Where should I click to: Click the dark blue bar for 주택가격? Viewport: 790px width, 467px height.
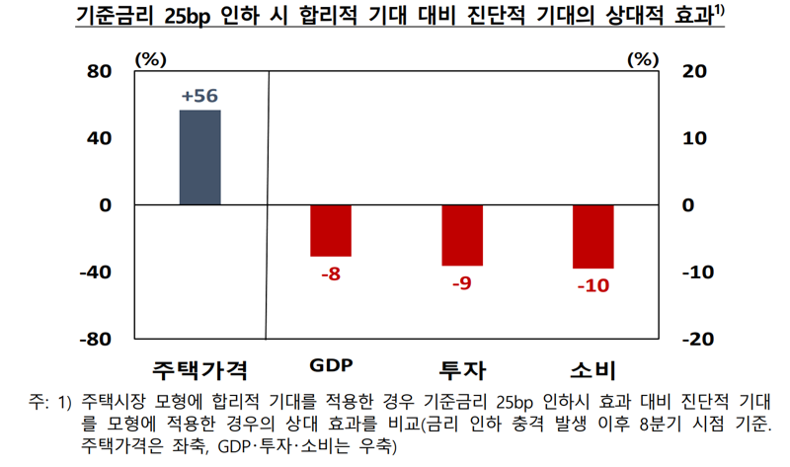click(199, 158)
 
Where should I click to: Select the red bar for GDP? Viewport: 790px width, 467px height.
click(331, 231)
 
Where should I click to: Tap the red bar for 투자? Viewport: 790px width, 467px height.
click(462, 235)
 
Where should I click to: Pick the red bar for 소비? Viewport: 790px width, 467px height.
click(593, 237)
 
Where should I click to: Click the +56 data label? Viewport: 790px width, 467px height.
click(199, 96)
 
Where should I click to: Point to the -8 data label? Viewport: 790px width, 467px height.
click(331, 273)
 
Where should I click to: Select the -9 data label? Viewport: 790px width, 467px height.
click(461, 283)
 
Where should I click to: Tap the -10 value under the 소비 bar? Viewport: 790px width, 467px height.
click(592, 286)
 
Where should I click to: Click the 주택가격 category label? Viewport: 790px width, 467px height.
click(199, 371)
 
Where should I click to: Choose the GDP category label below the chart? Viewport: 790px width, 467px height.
click(331, 365)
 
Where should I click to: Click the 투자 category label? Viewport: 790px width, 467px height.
click(462, 371)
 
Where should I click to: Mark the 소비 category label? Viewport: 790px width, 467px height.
click(593, 371)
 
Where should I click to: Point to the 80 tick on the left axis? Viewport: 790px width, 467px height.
click(100, 72)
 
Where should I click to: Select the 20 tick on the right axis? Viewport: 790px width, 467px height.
click(695, 72)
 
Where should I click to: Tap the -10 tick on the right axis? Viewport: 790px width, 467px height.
click(698, 272)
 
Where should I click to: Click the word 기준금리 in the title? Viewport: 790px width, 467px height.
click(121, 18)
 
